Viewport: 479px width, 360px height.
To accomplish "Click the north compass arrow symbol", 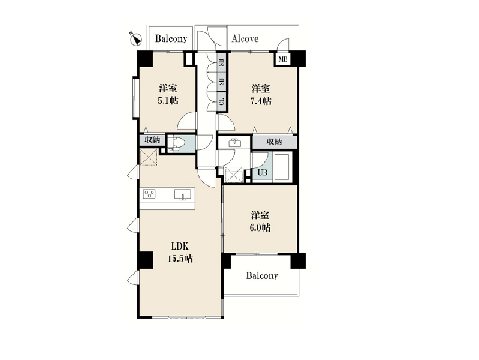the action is [x=135, y=39].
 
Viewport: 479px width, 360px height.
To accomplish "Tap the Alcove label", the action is [x=245, y=38].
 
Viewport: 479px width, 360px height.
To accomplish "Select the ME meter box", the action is [x=282, y=59].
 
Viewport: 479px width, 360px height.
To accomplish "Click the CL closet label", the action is [x=222, y=101].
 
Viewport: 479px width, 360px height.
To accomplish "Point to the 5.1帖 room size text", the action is [x=168, y=101].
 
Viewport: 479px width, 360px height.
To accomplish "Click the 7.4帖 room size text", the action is [x=261, y=101].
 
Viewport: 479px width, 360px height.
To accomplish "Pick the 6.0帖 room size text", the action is [x=260, y=228].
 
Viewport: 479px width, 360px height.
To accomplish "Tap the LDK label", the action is [x=180, y=246].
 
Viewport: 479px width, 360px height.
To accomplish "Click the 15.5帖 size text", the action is [x=180, y=259].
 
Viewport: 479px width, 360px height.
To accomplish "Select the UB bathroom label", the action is [x=263, y=173].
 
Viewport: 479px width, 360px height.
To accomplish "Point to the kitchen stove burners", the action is [x=149, y=194].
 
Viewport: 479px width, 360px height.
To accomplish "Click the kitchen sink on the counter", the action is [x=183, y=194].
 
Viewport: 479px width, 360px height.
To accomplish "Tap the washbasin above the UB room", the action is [x=234, y=143].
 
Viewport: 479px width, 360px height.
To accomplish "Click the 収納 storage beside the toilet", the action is [x=152, y=140].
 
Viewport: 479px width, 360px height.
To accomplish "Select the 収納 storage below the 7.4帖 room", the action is [x=275, y=142].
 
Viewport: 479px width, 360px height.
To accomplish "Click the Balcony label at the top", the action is [x=171, y=38].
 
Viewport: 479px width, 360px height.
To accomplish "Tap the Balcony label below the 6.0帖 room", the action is [x=262, y=276].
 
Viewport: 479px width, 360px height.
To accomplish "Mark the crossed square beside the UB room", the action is [x=234, y=175].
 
